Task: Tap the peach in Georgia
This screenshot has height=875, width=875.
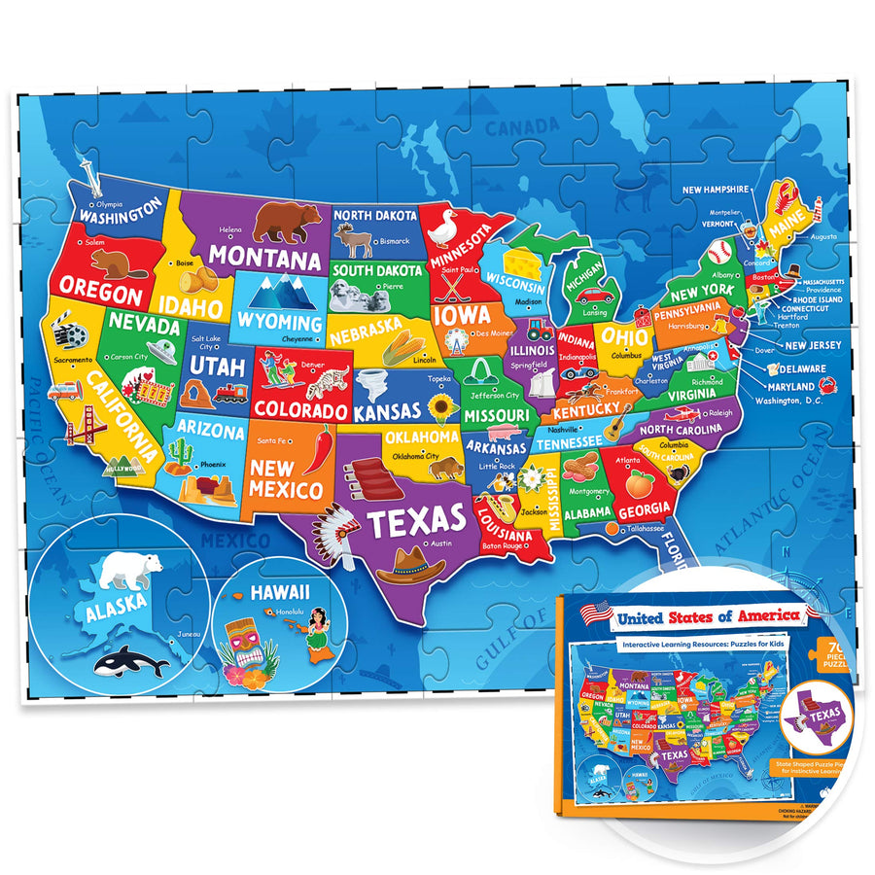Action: point(640,482)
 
